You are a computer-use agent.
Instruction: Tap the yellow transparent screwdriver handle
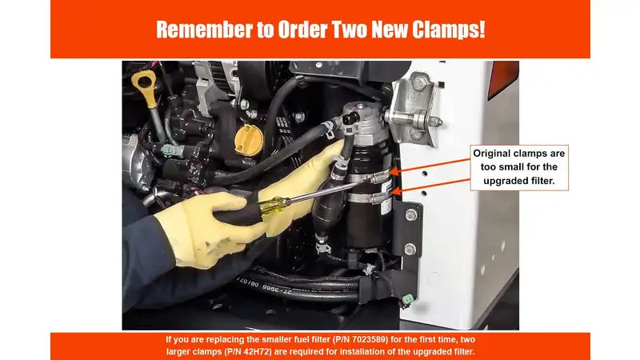pyautogui.click(x=274, y=204)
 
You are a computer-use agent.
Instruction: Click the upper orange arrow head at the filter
pyautogui.click(x=394, y=172)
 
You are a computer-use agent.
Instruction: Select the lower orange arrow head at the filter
pyautogui.click(x=395, y=191)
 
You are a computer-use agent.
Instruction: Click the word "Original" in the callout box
pyautogui.click(x=491, y=154)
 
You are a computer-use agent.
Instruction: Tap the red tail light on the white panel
pyautogui.click(x=503, y=78)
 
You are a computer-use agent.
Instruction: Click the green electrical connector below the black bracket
pyautogui.click(x=407, y=302)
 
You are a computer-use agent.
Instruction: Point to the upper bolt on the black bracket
pyautogui.click(x=411, y=215)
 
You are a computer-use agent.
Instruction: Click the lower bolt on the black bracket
pyautogui.click(x=410, y=249)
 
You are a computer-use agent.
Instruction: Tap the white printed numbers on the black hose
pyautogui.click(x=265, y=286)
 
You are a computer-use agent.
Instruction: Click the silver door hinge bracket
pyautogui.click(x=413, y=107)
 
